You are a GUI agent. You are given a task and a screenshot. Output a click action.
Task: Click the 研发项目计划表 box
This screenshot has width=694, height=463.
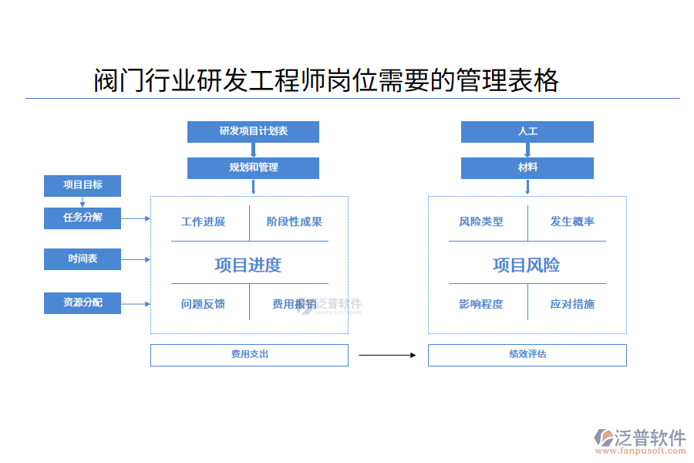tap(253, 132)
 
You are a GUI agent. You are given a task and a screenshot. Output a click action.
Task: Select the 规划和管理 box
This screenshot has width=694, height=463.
tap(253, 167)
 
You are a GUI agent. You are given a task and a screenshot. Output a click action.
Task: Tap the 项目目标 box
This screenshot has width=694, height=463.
tap(83, 185)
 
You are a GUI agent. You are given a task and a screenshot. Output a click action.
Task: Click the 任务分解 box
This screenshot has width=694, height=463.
tap(83, 218)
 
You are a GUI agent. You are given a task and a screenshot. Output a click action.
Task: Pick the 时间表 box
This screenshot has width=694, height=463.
tap(83, 259)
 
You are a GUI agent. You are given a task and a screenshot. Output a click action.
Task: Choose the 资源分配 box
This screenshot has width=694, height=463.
tap(83, 302)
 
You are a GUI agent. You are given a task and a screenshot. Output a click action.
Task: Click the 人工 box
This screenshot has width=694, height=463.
tap(527, 132)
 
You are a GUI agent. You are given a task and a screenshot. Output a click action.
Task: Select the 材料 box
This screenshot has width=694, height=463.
tap(527, 167)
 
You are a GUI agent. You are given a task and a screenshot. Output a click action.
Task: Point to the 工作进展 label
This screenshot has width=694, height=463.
tap(203, 222)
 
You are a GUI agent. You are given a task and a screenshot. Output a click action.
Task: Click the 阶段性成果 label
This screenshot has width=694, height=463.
tap(294, 222)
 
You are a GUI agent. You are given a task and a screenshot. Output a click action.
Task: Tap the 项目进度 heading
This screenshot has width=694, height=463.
tap(248, 265)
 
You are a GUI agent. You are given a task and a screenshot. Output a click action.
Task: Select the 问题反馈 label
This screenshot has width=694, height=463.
tap(203, 304)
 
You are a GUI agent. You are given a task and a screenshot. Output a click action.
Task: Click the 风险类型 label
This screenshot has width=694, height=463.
tap(481, 222)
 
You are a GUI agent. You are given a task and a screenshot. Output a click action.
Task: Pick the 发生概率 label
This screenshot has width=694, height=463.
tap(572, 222)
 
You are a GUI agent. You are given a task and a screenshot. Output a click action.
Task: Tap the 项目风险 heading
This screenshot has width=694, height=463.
tap(527, 265)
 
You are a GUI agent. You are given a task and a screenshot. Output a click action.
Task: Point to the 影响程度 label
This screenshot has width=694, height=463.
tap(481, 304)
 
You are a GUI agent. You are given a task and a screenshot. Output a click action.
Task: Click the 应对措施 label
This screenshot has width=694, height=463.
tap(572, 304)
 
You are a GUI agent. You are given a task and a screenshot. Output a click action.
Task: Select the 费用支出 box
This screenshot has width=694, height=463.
tap(249, 355)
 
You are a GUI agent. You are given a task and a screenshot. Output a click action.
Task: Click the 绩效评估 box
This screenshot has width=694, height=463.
tap(527, 355)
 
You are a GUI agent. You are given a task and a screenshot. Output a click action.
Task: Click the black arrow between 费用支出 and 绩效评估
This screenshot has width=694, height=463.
tap(387, 356)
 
